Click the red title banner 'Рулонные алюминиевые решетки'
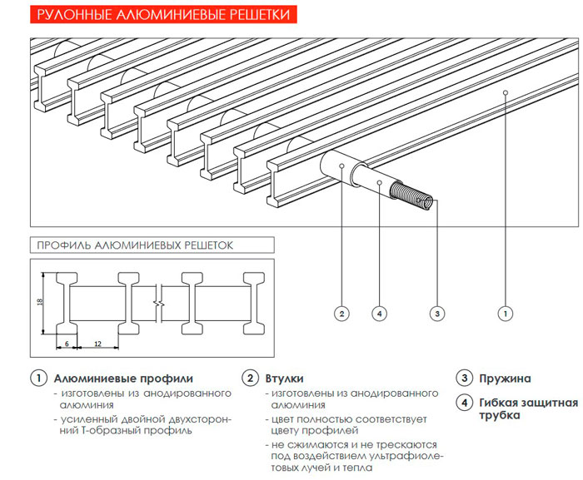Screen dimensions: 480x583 click(158, 14)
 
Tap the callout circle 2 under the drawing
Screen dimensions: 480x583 click(341, 314)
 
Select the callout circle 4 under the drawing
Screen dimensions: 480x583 click(379, 314)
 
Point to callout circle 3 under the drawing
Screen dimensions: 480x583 click(436, 314)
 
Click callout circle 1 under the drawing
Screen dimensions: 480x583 click(504, 314)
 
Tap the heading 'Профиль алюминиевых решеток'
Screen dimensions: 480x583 click(133, 245)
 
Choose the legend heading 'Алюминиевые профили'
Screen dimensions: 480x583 click(122, 379)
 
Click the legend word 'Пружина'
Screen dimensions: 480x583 click(505, 379)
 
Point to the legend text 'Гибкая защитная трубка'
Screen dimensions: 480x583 click(527, 409)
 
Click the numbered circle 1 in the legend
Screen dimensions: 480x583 click(37, 379)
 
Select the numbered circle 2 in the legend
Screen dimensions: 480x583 click(250, 379)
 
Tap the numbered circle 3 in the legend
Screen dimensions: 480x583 click(464, 379)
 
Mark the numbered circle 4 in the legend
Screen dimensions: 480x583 click(464, 403)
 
